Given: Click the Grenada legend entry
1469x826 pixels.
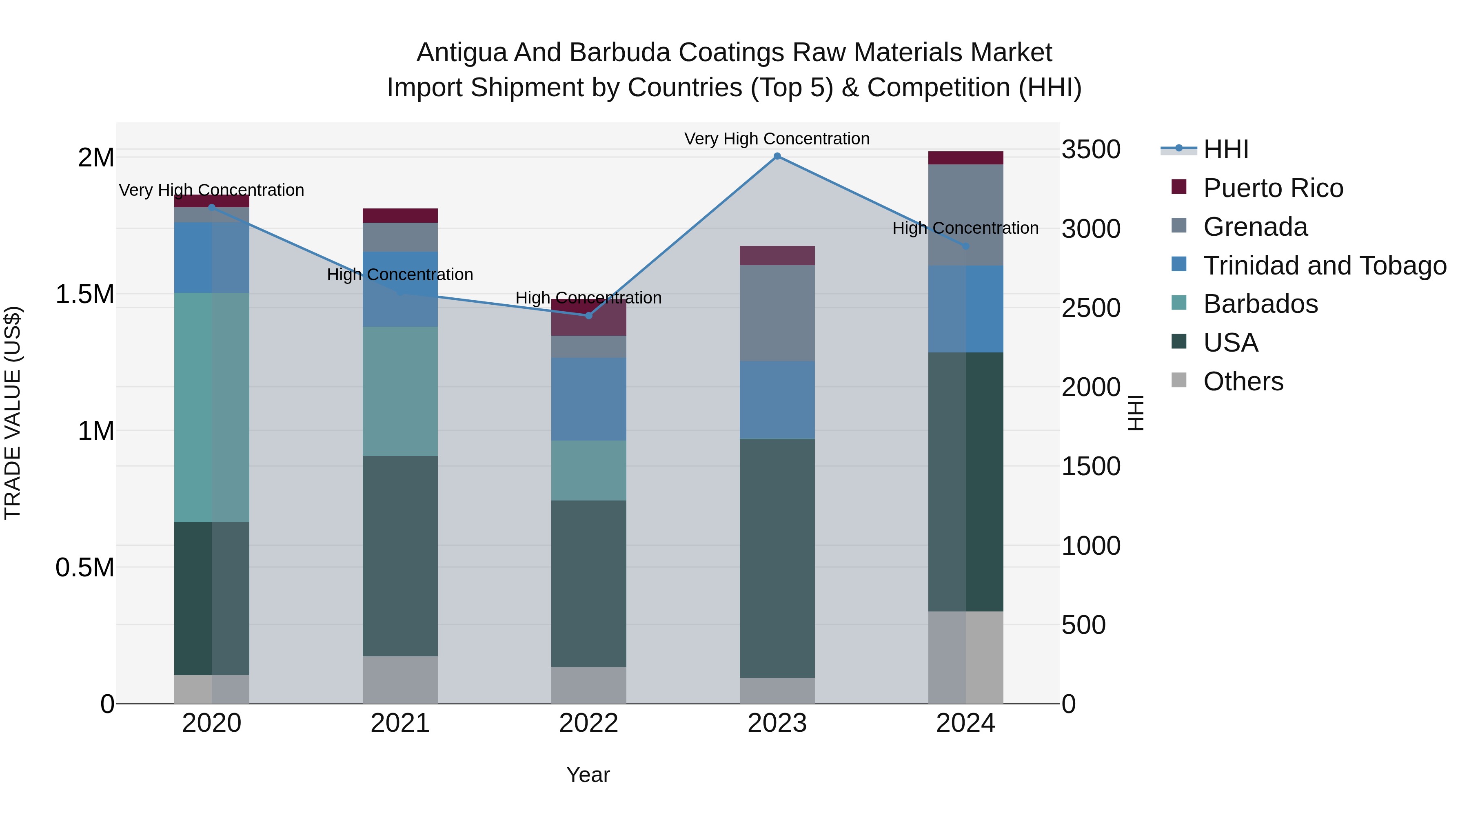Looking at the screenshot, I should pos(1255,227).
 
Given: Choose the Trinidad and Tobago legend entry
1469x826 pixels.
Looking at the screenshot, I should pos(1324,266).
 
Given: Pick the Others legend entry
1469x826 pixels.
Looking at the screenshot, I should pos(1243,381).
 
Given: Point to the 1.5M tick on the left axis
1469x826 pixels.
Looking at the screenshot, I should pos(84,295).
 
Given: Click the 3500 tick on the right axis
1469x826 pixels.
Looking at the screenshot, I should pos(1090,150).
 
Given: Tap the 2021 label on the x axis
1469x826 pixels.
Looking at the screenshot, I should pos(400,723).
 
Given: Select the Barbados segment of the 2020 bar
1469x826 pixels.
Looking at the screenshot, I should pos(211,407).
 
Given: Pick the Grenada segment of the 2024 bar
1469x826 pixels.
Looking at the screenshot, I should pos(965,215).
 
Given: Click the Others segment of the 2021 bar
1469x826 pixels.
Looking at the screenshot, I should pos(400,680).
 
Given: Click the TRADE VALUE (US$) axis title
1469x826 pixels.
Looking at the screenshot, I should pos(13,413).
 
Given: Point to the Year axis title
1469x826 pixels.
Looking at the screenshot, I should pos(588,775).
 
